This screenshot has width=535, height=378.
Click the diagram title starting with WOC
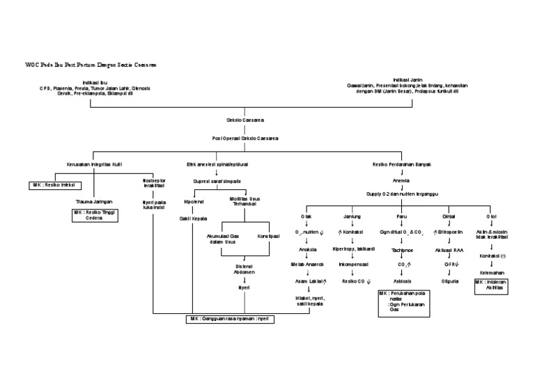tap(91, 64)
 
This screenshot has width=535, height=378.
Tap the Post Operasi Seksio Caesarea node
tap(245, 139)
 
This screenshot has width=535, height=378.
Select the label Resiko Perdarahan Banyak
tap(401, 165)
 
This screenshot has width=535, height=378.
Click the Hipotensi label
tap(194, 202)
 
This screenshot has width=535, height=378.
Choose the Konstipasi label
tap(268, 236)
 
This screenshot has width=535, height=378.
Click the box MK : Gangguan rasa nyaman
tap(229, 319)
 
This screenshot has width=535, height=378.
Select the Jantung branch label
tap(352, 217)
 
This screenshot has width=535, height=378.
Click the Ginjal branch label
tap(449, 217)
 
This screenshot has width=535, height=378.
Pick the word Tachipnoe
tap(402, 249)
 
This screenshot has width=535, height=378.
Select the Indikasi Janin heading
tap(410, 79)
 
